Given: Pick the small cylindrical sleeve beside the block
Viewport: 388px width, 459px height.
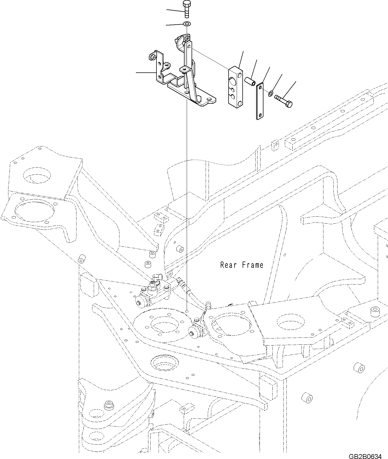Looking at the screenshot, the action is (250, 81).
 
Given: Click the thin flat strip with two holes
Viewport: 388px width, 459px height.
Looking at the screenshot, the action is (260, 101).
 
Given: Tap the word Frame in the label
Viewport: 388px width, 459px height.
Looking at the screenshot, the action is (253, 265).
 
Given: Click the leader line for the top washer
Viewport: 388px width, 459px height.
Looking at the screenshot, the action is (175, 25).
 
